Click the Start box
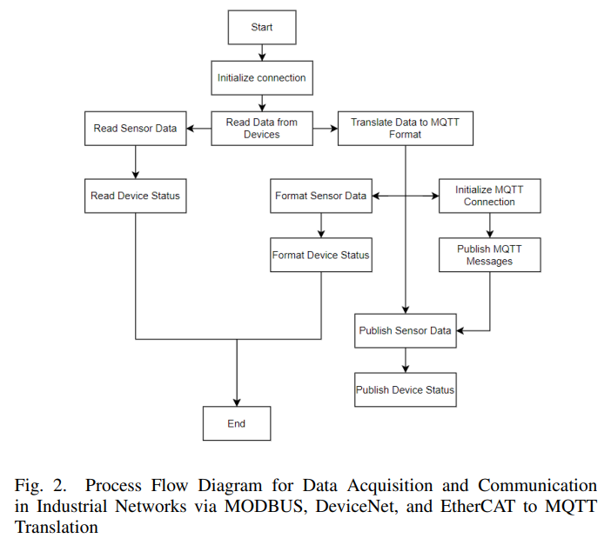pyautogui.click(x=261, y=27)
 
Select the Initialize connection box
pyautogui.click(x=261, y=77)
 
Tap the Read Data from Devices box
pyautogui.click(x=261, y=129)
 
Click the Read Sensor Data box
pyautogui.click(x=135, y=129)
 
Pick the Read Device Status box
pyautogui.click(x=135, y=196)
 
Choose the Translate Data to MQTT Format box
pyautogui.click(x=405, y=129)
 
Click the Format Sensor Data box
pyautogui.click(x=320, y=196)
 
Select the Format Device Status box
pyautogui.click(x=320, y=256)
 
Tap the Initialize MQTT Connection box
pyautogui.click(x=489, y=196)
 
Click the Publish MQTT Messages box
pyautogui.click(x=489, y=256)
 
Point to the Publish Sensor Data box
pyautogui.click(x=405, y=330)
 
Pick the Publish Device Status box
pyautogui.click(x=405, y=390)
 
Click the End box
pyautogui.click(x=237, y=423)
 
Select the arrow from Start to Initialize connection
pyautogui.click(x=261, y=52)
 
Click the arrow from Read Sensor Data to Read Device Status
pyautogui.click(x=135, y=162)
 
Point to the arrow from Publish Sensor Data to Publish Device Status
pyautogui.click(x=405, y=360)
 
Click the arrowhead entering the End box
pyautogui.click(x=237, y=401)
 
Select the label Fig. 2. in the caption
pyautogui.click(x=40, y=486)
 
